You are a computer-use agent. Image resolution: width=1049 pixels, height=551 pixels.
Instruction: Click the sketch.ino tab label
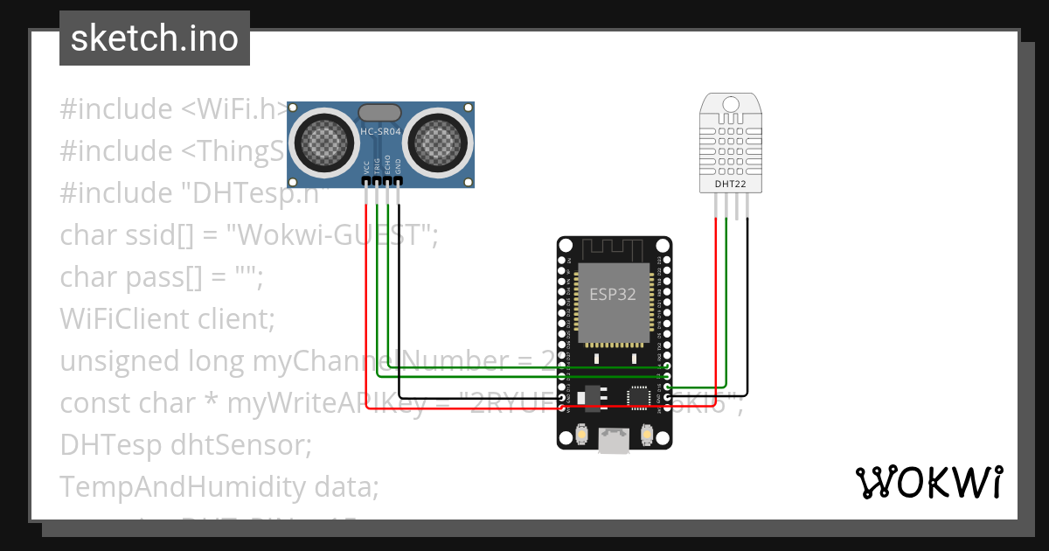pos(155,38)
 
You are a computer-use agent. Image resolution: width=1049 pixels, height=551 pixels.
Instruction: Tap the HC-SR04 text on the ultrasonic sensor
pos(380,132)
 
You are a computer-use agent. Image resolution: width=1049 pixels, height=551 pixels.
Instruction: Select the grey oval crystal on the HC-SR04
pos(380,112)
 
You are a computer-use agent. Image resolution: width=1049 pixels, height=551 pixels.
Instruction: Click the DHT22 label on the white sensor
pos(732,184)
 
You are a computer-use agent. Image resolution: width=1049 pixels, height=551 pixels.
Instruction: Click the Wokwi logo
pos(928,482)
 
